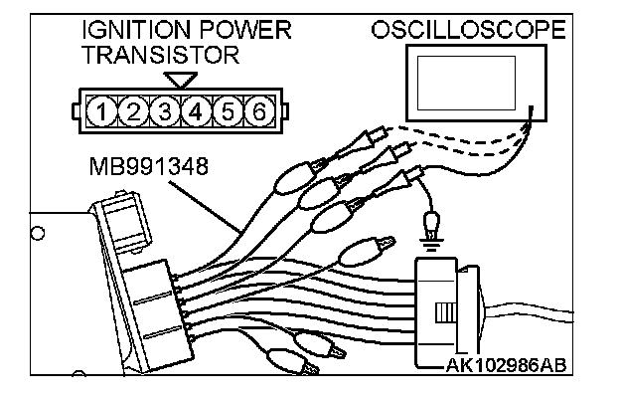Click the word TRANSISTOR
click(x=160, y=55)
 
